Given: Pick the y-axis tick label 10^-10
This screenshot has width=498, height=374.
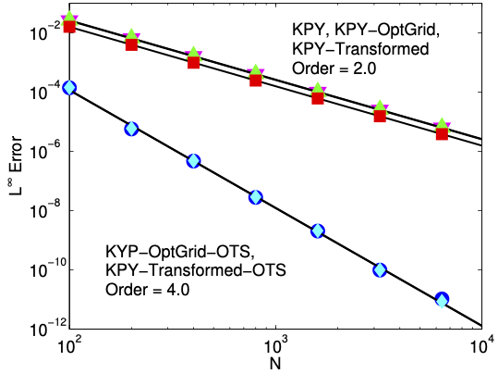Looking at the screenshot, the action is (49, 268).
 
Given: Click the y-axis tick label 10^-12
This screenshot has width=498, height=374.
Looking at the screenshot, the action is (49, 328).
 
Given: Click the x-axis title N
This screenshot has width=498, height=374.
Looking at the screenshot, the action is (275, 364).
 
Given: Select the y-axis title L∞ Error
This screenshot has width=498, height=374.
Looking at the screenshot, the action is (15, 165).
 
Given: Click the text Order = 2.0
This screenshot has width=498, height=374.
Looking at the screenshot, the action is (334, 69).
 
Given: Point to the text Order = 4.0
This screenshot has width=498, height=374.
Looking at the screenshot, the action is (148, 290).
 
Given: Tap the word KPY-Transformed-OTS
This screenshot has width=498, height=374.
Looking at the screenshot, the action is (196, 270).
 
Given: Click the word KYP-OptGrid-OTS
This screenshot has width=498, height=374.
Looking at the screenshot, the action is (179, 252).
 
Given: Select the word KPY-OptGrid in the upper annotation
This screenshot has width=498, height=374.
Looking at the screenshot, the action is (387, 31).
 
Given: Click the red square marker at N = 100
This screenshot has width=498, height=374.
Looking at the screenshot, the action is (69, 26).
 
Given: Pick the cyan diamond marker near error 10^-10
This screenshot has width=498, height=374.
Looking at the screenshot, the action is (380, 270).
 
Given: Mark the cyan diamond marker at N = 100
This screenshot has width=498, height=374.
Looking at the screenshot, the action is (69, 88).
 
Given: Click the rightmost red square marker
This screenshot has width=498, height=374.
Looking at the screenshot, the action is (442, 133).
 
